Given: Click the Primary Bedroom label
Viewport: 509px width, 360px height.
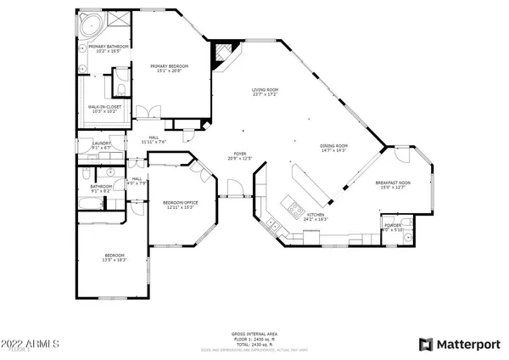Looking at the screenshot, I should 169,66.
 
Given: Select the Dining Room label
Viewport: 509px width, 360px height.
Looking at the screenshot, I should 333,145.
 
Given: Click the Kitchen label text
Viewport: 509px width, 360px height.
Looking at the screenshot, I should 316,215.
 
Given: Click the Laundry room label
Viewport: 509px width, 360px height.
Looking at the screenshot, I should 102,143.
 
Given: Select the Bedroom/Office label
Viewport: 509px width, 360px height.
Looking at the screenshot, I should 179,202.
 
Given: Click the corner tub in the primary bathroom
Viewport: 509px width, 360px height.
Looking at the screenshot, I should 91,25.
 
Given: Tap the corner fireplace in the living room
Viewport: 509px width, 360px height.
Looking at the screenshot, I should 221,54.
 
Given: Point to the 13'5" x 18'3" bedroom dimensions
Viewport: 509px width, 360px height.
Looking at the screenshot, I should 115,261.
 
